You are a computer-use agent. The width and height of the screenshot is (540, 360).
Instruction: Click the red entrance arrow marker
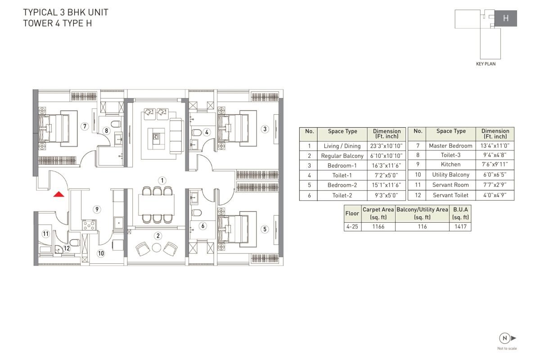tap(58, 194)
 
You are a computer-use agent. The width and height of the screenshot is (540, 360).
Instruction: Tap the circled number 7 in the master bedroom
tap(85, 126)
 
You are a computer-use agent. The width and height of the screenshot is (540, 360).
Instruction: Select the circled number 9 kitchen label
tap(97, 209)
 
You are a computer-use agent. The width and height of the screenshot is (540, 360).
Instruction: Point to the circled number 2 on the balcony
tap(158, 236)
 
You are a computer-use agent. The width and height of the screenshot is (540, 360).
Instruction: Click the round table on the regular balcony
tap(157, 247)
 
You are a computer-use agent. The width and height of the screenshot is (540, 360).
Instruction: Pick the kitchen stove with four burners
tap(89, 225)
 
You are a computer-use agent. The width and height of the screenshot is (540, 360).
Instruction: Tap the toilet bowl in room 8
tap(116, 124)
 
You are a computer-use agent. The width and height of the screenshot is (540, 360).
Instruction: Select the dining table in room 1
tap(157, 204)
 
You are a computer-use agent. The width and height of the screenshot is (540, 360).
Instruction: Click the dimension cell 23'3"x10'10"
tap(387, 146)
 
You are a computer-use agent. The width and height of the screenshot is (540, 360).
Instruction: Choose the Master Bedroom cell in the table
tap(450, 146)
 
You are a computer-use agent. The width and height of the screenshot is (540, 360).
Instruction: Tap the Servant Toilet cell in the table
tap(450, 195)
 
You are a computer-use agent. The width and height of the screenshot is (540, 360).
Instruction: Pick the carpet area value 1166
tap(378, 226)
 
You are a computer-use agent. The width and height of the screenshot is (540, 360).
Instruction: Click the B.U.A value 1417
tap(460, 226)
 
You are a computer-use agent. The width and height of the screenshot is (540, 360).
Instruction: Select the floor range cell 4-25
tap(352, 226)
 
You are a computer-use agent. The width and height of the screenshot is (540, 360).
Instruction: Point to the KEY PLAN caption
tap(486, 64)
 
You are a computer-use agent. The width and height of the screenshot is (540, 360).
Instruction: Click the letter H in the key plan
tap(506, 18)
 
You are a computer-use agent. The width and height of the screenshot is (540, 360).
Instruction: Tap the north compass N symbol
tap(505, 338)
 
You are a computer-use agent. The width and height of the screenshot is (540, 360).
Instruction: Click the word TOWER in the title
tap(38, 23)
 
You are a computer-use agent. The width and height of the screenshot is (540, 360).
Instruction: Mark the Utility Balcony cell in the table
tap(450, 175)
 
